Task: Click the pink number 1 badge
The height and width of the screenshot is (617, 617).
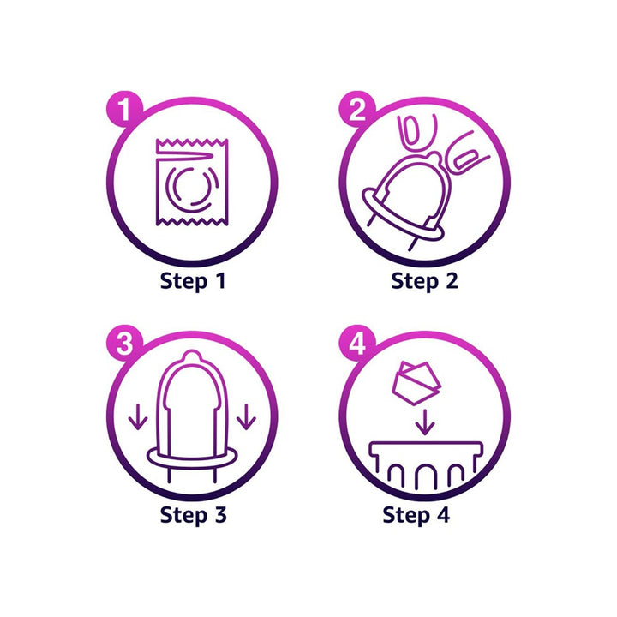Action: (x=124, y=109)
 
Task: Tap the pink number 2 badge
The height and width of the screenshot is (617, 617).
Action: (x=357, y=109)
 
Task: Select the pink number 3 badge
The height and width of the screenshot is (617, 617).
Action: (x=124, y=343)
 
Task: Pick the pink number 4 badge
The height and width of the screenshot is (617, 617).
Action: (x=357, y=343)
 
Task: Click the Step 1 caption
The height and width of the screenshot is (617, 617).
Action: (x=193, y=282)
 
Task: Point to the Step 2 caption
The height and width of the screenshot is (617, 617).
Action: (x=425, y=282)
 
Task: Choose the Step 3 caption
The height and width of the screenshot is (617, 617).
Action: (x=193, y=515)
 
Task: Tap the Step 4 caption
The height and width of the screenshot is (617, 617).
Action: (x=416, y=515)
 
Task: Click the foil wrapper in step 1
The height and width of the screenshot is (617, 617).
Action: (x=192, y=182)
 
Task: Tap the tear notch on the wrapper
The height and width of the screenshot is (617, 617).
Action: (x=185, y=157)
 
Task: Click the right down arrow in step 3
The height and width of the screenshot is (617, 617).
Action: (x=246, y=416)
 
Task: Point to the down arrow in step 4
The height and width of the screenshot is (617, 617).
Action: (x=425, y=422)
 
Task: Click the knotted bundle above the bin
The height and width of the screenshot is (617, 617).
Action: (x=416, y=383)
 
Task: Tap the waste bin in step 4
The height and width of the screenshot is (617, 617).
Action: (x=426, y=464)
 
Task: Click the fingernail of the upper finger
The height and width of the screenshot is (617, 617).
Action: (x=410, y=130)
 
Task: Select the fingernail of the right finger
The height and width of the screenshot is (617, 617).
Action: (x=466, y=159)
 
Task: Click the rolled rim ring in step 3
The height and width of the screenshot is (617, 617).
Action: (x=192, y=458)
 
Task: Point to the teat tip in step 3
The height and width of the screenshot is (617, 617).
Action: (x=192, y=356)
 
